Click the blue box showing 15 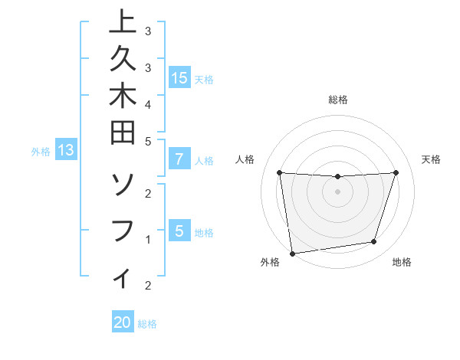[179, 77]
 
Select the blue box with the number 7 [179, 159]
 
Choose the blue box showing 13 [66, 150]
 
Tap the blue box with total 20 [123, 322]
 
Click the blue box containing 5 [179, 231]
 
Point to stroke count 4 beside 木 [147, 103]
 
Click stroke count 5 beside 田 [147, 141]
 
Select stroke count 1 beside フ [147, 239]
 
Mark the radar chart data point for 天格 [396, 172]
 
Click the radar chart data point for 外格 [291, 253]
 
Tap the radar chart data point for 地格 [374, 242]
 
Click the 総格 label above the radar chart [338, 100]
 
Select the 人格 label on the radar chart [245, 159]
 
